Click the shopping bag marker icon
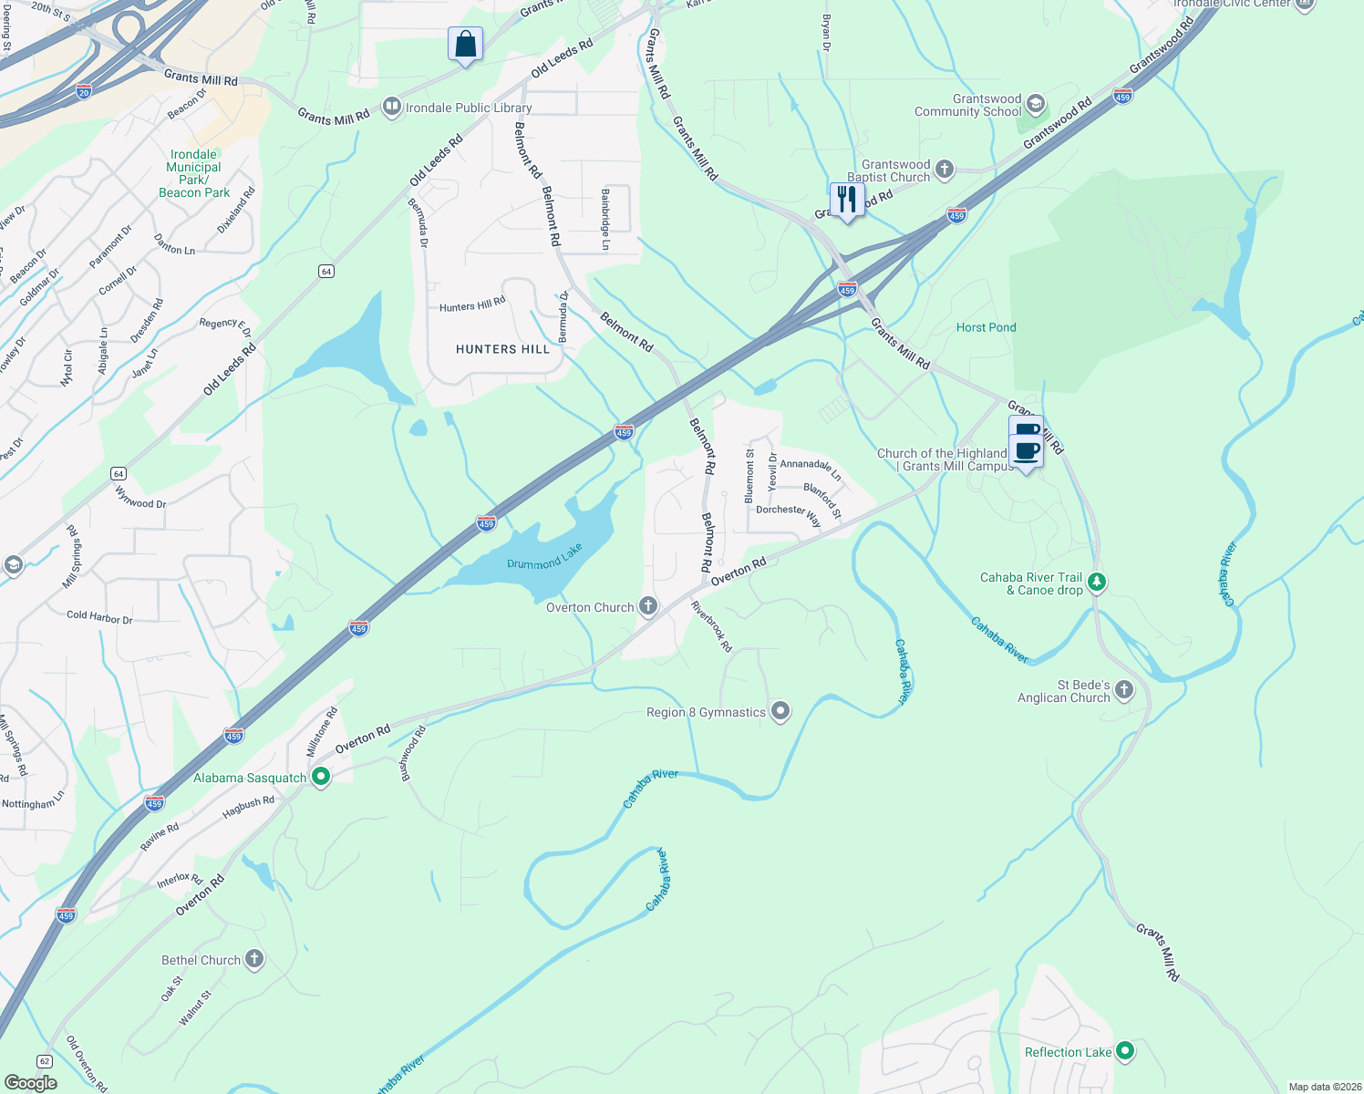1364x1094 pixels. (x=465, y=44)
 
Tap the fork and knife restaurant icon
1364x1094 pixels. (x=847, y=199)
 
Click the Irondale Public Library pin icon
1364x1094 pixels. (x=392, y=108)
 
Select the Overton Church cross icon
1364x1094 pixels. (x=648, y=606)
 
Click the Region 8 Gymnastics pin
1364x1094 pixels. (x=780, y=711)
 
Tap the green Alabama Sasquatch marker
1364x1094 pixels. (x=321, y=777)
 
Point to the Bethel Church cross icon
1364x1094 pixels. (x=254, y=959)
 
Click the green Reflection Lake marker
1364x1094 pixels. (x=1125, y=1051)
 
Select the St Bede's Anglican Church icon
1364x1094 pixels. (x=1124, y=690)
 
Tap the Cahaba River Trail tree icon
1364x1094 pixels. (x=1097, y=582)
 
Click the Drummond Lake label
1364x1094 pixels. (x=544, y=557)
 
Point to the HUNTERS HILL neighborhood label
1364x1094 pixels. (x=503, y=349)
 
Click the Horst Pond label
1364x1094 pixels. (x=986, y=327)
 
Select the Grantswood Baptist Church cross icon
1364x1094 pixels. (x=945, y=169)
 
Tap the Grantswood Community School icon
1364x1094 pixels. (x=1035, y=102)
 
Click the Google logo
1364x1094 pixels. (x=31, y=1082)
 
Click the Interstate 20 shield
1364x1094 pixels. (x=84, y=91)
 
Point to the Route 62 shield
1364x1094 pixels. (x=44, y=1061)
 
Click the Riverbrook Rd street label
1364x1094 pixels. (x=712, y=626)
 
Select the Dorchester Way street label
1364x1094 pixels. (x=789, y=515)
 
